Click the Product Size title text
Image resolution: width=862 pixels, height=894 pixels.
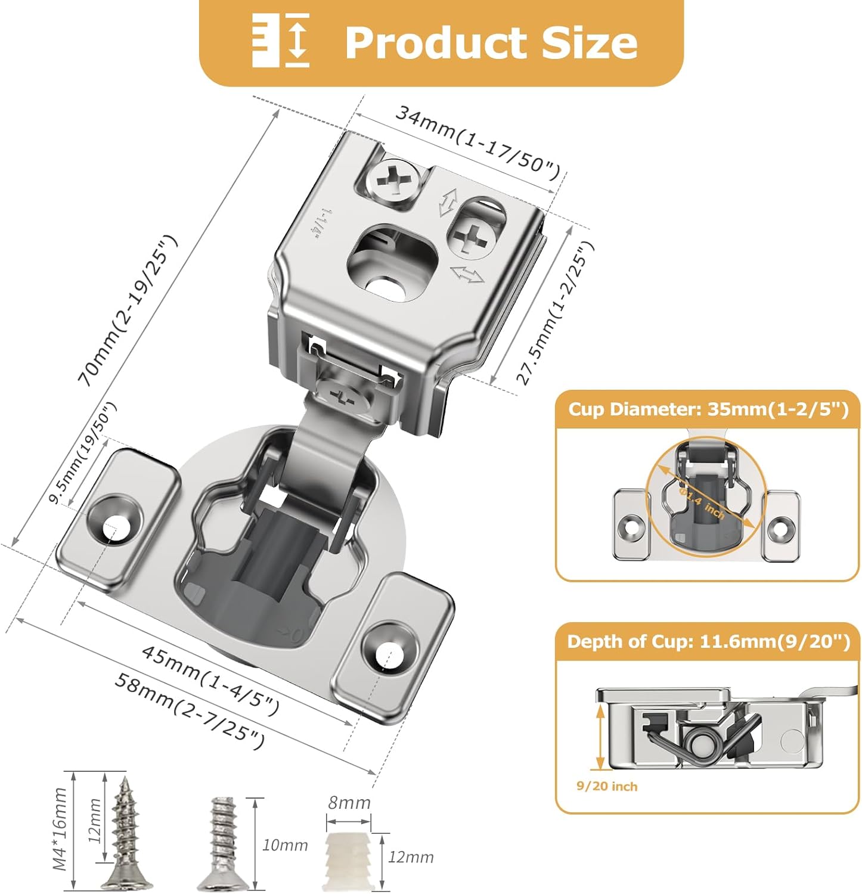pyautogui.click(x=491, y=43)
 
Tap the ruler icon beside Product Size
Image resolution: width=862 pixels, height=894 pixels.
pyautogui.click(x=280, y=41)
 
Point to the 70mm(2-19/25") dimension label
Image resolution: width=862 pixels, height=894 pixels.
pyautogui.click(x=128, y=311)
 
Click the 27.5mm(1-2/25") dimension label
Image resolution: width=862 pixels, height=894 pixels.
pyautogui.click(x=555, y=312)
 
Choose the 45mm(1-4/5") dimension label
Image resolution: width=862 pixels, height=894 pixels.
pyautogui.click(x=210, y=679)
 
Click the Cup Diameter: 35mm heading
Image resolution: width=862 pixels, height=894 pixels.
pyautogui.click(x=708, y=409)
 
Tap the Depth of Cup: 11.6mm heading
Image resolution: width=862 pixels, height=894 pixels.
pyautogui.click(x=708, y=642)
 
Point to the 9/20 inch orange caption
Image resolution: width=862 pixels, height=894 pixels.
pyautogui.click(x=606, y=786)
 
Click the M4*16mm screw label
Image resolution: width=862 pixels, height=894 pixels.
pyautogui.click(x=60, y=828)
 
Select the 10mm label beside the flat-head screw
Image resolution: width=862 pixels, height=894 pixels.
pyautogui.click(x=285, y=845)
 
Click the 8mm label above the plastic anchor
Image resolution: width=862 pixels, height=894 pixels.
pyautogui.click(x=349, y=803)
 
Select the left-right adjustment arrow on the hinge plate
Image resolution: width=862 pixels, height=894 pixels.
pyautogui.click(x=467, y=275)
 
